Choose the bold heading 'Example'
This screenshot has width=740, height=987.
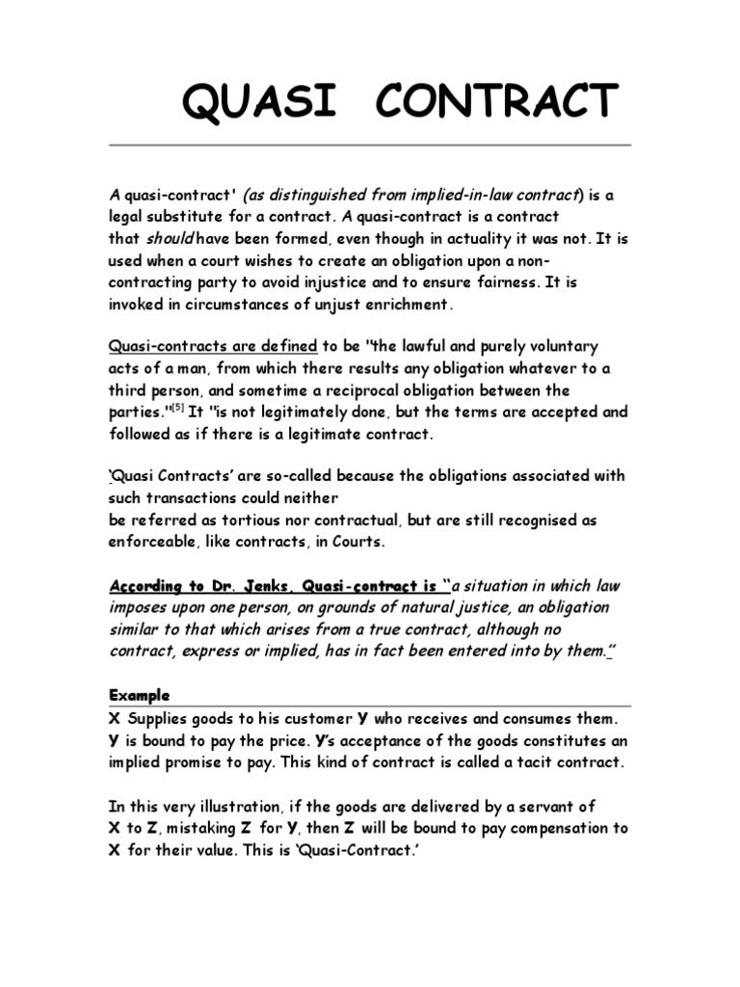pos(140,694)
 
